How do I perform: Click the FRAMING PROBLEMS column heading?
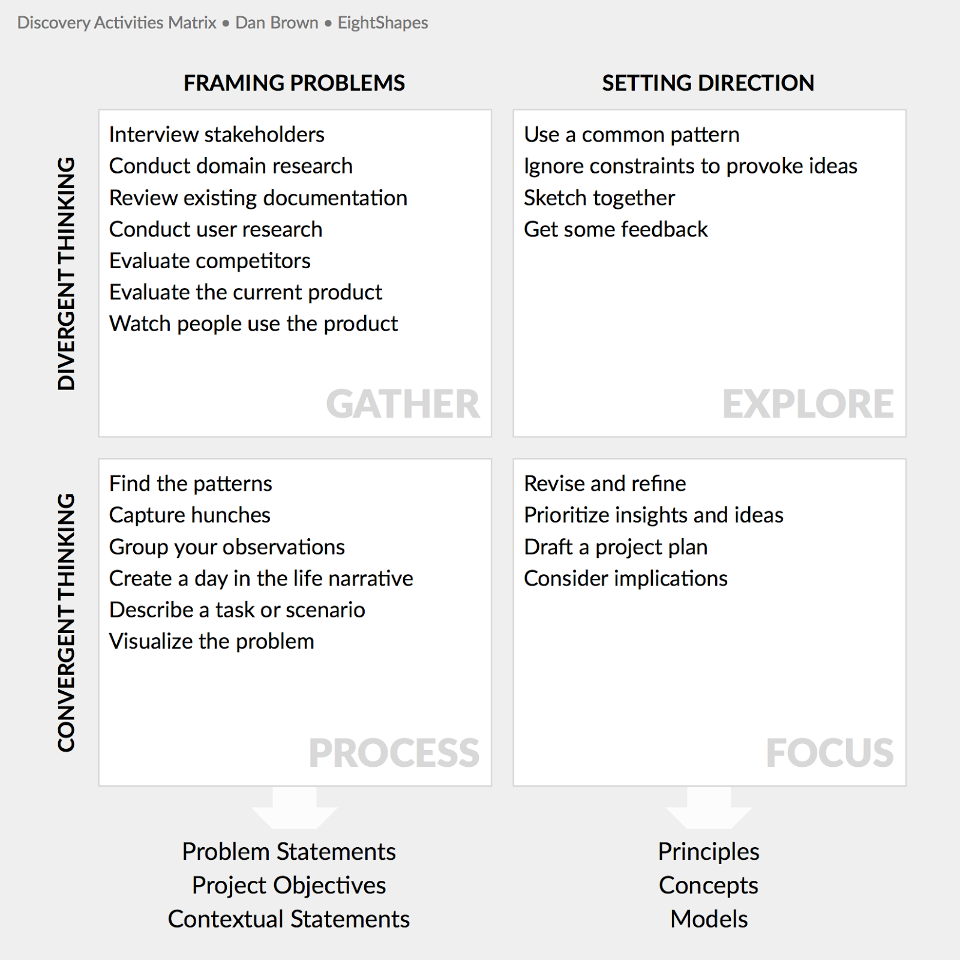[294, 83]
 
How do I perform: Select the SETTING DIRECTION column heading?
[708, 83]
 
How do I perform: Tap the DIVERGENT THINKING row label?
[67, 274]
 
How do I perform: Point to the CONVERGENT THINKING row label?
[67, 622]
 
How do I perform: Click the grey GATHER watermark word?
[403, 404]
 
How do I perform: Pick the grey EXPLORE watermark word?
[808, 404]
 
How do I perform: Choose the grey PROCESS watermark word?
[394, 753]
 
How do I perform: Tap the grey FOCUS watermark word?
[830, 753]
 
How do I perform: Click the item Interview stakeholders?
[217, 134]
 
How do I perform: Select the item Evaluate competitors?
[210, 261]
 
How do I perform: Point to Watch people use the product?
[253, 324]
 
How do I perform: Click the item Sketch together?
[599, 198]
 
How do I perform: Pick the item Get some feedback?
[616, 229]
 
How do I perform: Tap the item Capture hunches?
[190, 515]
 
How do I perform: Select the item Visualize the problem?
[212, 641]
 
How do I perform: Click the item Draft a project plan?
[616, 547]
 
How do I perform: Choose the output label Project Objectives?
[289, 886]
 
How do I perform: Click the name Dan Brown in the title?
[277, 23]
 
